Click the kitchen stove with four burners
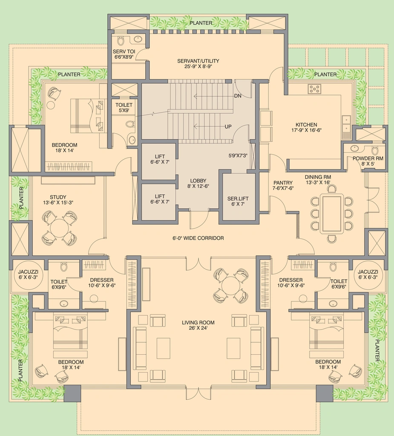pos(314,89)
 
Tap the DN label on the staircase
pos(238,96)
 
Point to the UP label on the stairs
pos(228,126)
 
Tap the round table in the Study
pos(59,228)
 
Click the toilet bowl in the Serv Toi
pos(121,41)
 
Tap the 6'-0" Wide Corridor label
pos(198,238)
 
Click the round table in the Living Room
pos(231,286)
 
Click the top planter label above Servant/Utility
pos(201,23)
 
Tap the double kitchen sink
pos(346,124)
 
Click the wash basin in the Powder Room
pos(355,148)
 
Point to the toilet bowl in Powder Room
pos(375,150)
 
